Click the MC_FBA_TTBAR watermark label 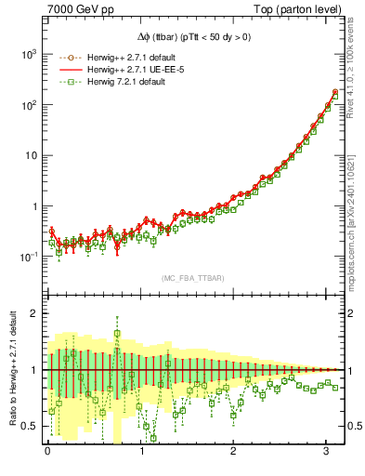coord(192,278)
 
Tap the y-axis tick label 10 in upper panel coord(33,156)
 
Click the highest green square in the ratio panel coord(117,333)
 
